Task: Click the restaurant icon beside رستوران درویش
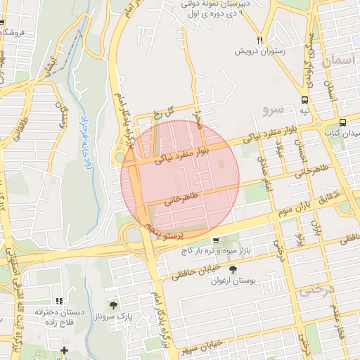260,39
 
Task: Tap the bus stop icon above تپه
304,100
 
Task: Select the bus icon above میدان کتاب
342,121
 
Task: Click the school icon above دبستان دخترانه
60,300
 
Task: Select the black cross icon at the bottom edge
64,349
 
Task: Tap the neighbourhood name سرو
271,110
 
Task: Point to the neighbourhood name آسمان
335,63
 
